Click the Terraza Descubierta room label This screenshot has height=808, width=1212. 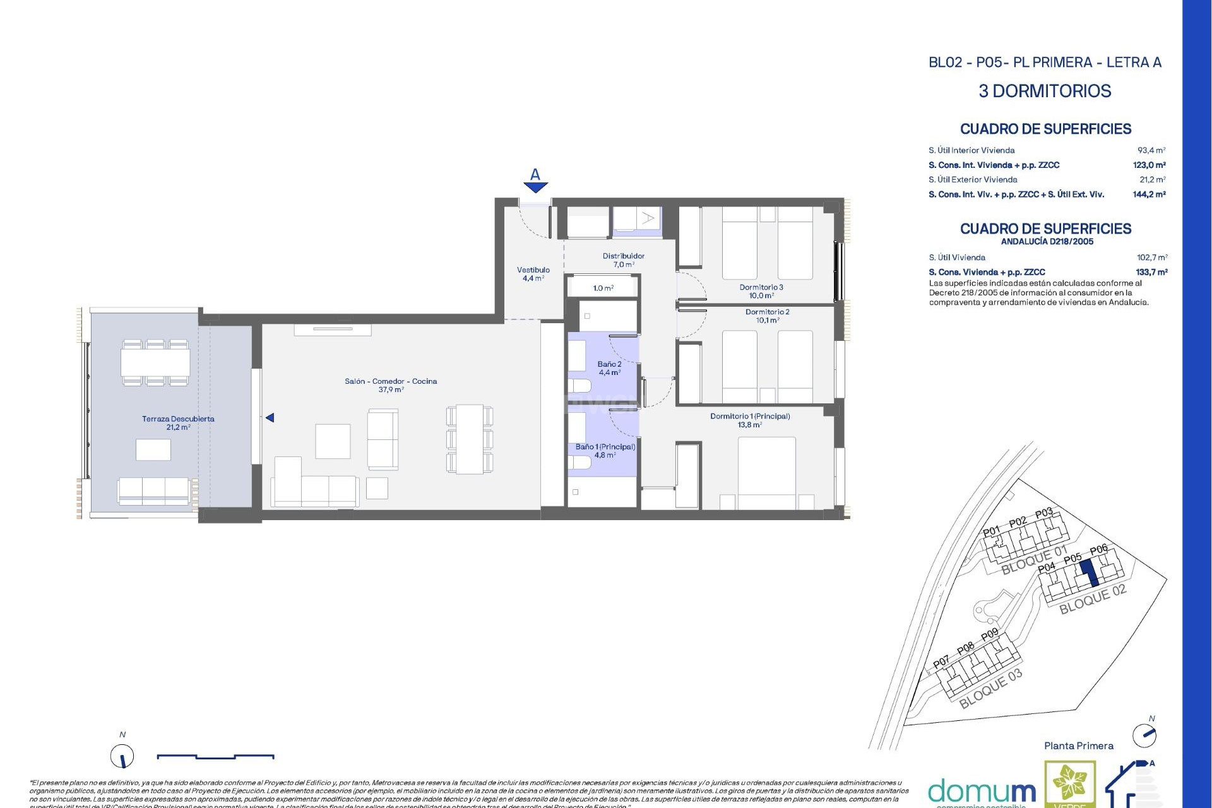tap(178, 423)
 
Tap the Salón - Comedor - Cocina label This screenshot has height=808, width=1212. tap(391, 385)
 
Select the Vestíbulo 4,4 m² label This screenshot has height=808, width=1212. tap(533, 273)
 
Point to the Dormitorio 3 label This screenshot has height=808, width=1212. tap(761, 291)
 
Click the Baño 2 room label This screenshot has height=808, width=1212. tap(609, 368)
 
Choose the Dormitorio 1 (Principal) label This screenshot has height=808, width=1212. tap(750, 420)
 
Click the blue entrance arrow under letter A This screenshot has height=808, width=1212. tap(535, 187)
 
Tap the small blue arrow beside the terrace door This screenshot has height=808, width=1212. tap(270, 418)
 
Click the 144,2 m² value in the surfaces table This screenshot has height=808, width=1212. tap(1149, 194)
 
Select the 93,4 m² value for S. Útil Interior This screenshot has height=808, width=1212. tap(1151, 150)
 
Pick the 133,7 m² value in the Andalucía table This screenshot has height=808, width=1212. tap(1151, 272)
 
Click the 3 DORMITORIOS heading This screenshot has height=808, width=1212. tap(1045, 91)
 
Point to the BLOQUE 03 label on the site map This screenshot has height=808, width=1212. tap(990, 689)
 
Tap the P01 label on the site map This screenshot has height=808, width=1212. tap(992, 532)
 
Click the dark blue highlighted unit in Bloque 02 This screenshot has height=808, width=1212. tap(1088, 574)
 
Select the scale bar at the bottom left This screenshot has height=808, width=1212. tap(215, 756)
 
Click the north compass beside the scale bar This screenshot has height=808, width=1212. tap(122, 756)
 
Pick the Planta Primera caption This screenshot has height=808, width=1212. tap(1078, 746)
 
